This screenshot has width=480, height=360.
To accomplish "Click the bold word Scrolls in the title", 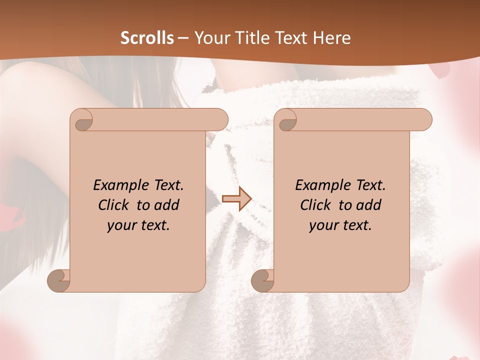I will coord(147,37).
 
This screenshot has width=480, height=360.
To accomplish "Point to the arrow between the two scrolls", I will coord(236,199).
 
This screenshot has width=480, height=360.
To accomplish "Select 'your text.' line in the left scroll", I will coord(138,225).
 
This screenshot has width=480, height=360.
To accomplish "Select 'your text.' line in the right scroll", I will coord(340,225).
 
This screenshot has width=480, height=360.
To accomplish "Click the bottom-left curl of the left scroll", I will coord(59,281).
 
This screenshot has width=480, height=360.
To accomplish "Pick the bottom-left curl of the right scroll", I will coord(263,281).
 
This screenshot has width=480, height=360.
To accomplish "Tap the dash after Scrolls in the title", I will coord(183,38).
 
